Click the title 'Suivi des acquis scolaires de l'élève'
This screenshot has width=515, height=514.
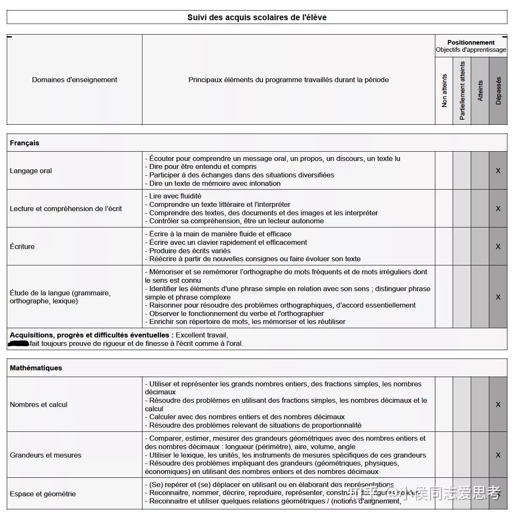pyautogui.click(x=257, y=17)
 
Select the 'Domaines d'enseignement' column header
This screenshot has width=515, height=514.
pyautogui.click(x=75, y=80)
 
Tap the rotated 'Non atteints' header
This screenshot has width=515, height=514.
pyautogui.click(x=444, y=91)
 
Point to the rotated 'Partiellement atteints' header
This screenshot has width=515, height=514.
pyautogui.click(x=462, y=91)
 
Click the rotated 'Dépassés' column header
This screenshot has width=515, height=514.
pyautogui.click(x=499, y=91)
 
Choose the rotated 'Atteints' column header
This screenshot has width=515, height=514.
pyautogui.click(x=480, y=91)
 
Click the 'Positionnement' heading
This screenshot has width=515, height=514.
pyautogui.click(x=471, y=43)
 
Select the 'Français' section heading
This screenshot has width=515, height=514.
pyautogui.click(x=24, y=143)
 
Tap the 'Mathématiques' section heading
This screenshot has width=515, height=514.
pyautogui.click(x=36, y=368)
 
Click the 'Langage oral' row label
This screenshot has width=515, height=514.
pyautogui.click(x=31, y=171)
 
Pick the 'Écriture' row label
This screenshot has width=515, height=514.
pyautogui.click(x=22, y=246)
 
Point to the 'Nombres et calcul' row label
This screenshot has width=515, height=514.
pyautogui.click(x=39, y=404)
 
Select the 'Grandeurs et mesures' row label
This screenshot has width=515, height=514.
pyautogui.click(x=46, y=455)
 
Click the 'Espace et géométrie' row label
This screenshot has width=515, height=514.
pyautogui.click(x=43, y=494)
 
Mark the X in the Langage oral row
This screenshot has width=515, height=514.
pyautogui.click(x=498, y=171)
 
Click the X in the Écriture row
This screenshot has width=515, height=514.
pyautogui.click(x=498, y=246)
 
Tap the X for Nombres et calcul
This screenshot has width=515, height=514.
pyautogui.click(x=498, y=404)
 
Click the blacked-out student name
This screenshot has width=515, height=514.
pyautogui.click(x=19, y=343)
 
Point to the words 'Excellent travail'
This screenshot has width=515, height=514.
pyautogui.click(x=201, y=335)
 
